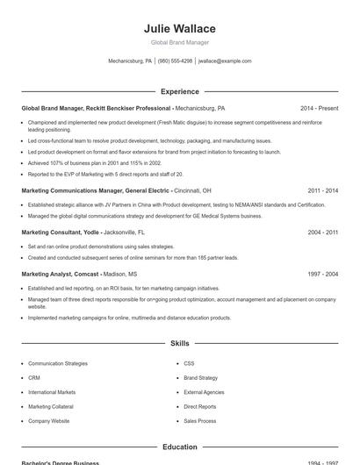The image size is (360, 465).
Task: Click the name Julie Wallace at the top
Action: tap(179, 28)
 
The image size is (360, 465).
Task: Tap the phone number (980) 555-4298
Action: tap(176, 61)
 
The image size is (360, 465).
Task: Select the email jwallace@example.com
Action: tap(225, 61)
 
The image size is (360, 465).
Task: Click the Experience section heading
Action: tap(179, 91)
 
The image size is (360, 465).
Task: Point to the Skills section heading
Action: tap(179, 344)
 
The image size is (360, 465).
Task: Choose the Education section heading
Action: tap(179, 447)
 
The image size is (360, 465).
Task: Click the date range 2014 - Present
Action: tap(319, 108)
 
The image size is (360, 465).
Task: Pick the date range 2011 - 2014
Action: tap(322, 190)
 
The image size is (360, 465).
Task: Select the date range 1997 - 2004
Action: tap(322, 274)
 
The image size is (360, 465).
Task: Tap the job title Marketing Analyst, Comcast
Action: tap(60, 274)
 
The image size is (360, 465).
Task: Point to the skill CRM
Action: tap(34, 378)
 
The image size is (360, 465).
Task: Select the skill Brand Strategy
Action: tap(201, 378)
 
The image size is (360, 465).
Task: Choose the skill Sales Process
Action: tap(199, 421)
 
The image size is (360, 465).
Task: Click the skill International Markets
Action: tap(52, 392)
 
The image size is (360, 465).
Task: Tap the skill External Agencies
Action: tap(204, 392)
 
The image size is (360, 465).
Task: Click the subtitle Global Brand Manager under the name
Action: tap(179, 42)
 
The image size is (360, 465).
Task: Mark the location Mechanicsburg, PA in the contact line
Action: tap(130, 61)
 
